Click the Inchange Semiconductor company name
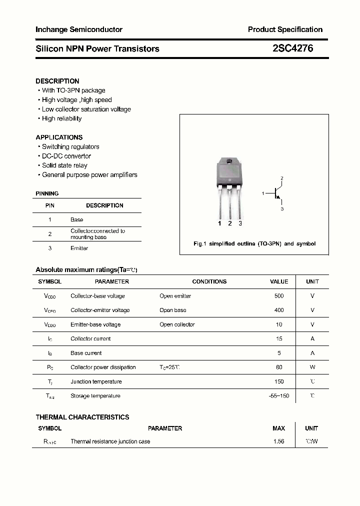click(79, 29)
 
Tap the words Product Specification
click(285, 29)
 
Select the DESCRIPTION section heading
click(57, 81)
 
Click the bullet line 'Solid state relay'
click(64, 165)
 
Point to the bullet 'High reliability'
click(61, 118)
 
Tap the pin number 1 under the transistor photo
click(219, 223)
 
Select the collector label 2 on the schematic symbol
click(282, 178)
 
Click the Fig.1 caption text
click(254, 244)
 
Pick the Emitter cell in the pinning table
click(79, 248)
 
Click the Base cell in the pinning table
click(76, 219)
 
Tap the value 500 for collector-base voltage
click(278, 296)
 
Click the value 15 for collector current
click(278, 338)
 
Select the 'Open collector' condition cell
click(177, 324)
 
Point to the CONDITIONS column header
click(209, 281)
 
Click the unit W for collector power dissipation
click(312, 367)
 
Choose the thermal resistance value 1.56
click(278, 441)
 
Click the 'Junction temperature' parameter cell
click(96, 381)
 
